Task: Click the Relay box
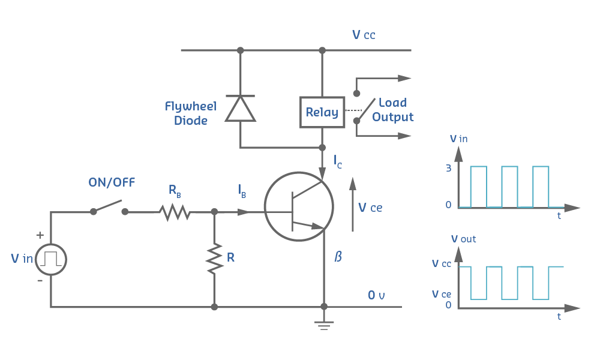point(322,112)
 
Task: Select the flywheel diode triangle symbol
point(240,109)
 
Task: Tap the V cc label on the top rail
point(364,35)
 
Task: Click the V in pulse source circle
point(51,260)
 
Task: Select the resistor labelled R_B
point(175,211)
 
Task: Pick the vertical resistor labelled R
point(214,259)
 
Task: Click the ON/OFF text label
point(112,183)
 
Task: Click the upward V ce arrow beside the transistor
point(353,204)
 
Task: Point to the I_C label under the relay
point(338,161)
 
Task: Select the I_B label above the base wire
point(242,192)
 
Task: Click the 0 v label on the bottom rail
point(376,295)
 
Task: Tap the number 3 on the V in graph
point(448,169)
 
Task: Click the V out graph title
point(463,239)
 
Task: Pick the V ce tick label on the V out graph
point(442,294)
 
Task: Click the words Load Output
point(392,110)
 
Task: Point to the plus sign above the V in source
point(40,235)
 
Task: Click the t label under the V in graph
point(559,215)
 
